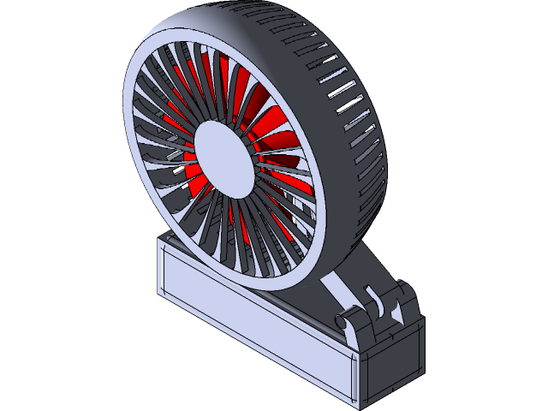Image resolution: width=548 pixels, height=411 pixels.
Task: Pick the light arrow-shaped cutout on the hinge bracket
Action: pos(396,316)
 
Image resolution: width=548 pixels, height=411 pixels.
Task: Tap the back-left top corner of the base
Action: pos(163,239)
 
